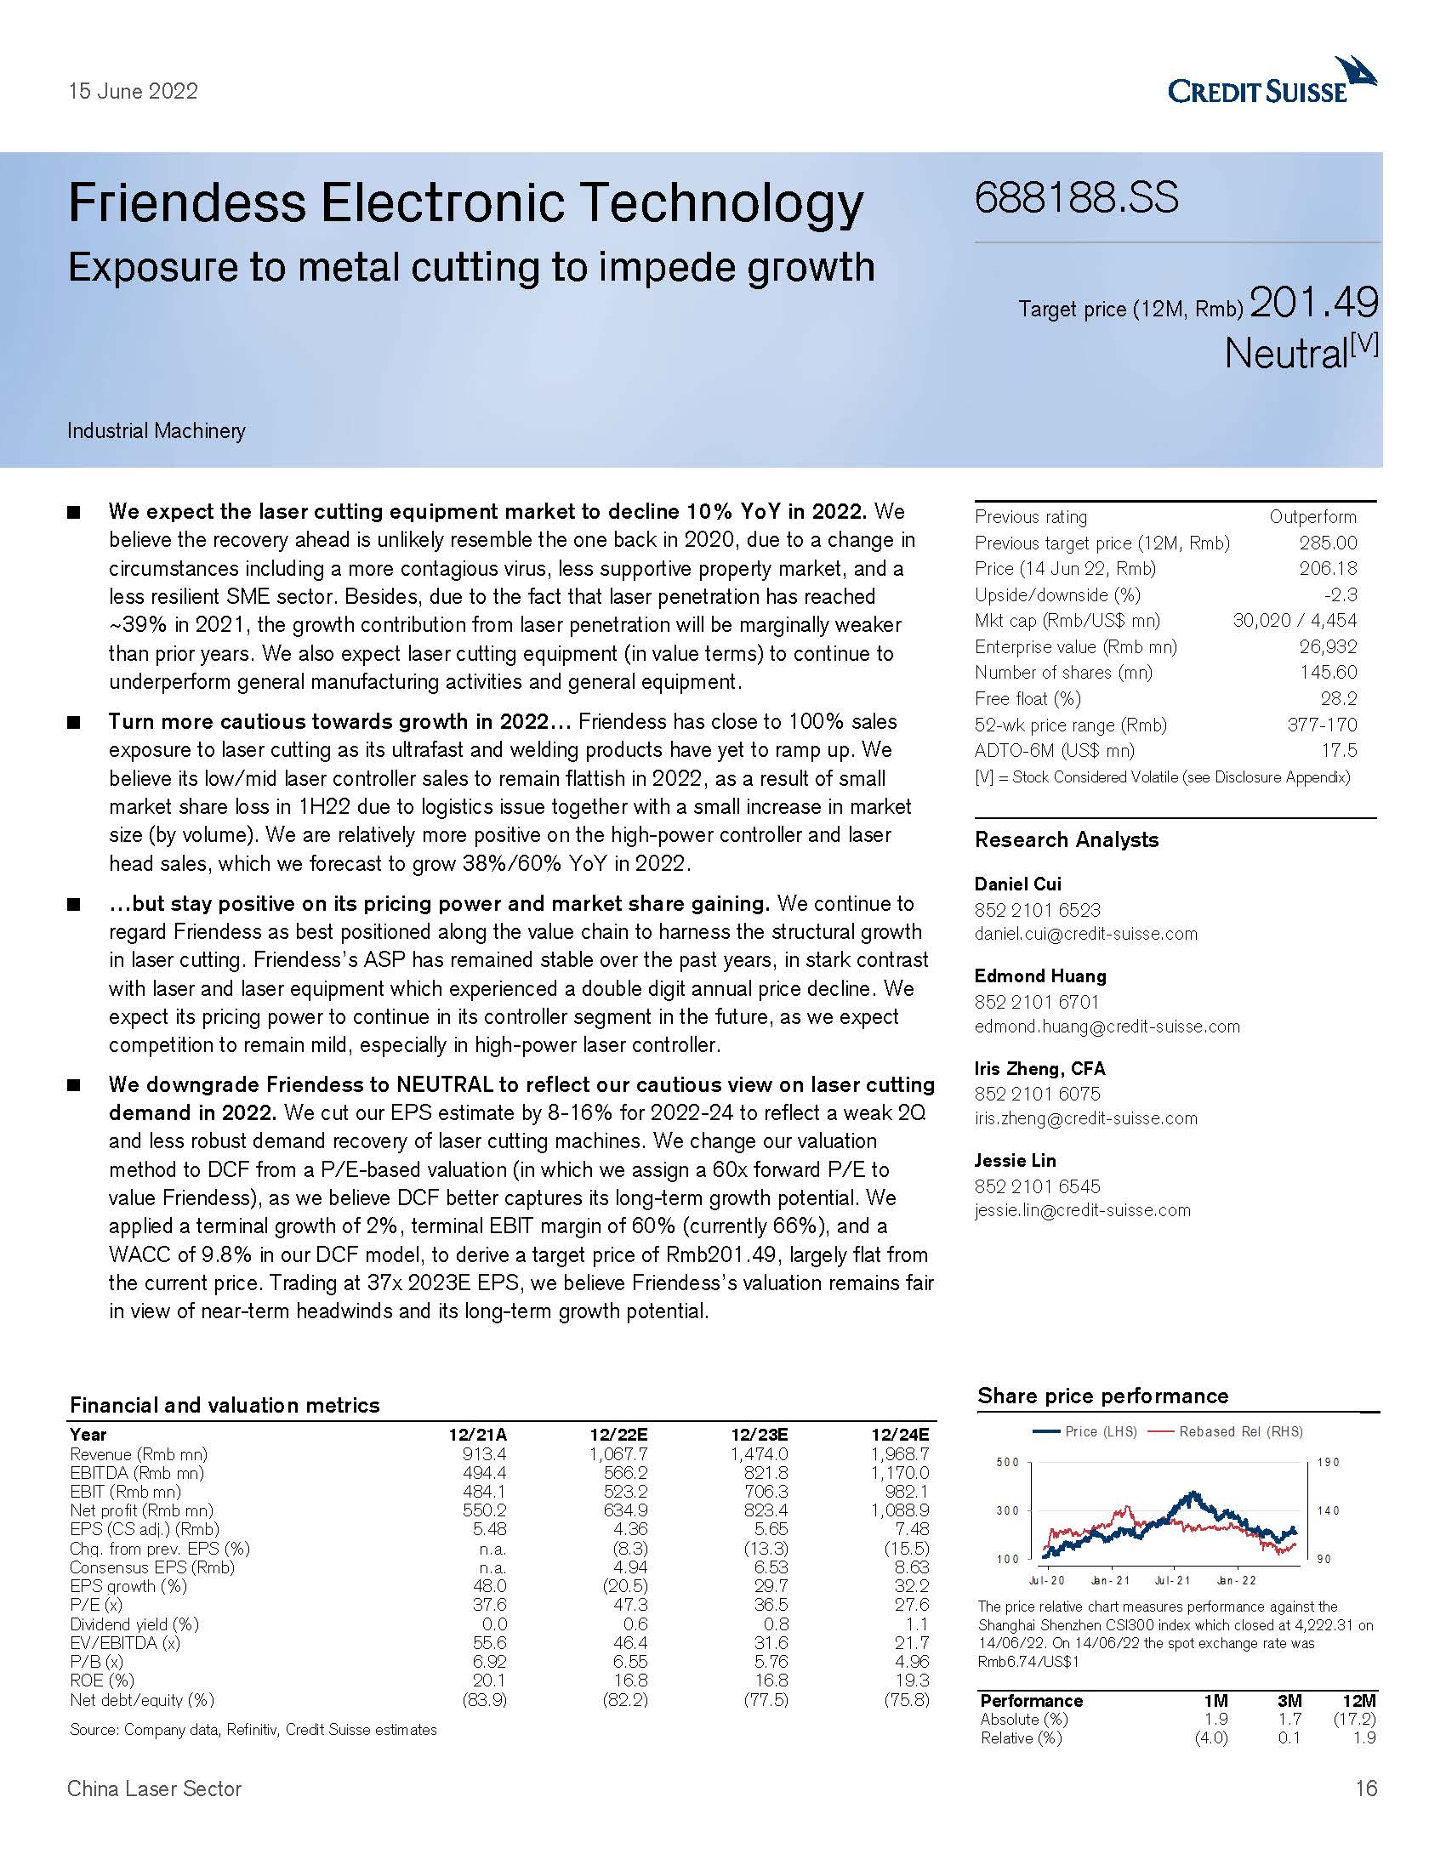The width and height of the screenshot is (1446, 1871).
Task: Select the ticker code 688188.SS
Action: pyautogui.click(x=1076, y=198)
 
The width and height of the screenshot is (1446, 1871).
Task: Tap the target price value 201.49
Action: pyautogui.click(x=1314, y=303)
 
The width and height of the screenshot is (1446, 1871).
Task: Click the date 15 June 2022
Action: pyautogui.click(x=133, y=92)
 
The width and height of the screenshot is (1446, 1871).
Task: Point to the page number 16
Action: pyautogui.click(x=1366, y=1789)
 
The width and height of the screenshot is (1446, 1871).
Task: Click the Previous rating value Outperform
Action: pyautogui.click(x=1312, y=516)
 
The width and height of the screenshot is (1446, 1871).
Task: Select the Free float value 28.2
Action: pyautogui.click(x=1338, y=698)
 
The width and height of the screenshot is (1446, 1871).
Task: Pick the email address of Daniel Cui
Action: pyautogui.click(x=1085, y=934)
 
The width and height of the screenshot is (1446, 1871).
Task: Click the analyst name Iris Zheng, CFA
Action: pyautogui.click(x=1040, y=1068)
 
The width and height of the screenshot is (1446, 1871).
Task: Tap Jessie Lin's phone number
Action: pyautogui.click(x=1038, y=1186)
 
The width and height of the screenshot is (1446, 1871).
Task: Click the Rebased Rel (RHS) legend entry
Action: pyautogui.click(x=1239, y=1431)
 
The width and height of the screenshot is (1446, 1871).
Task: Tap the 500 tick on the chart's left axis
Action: pyautogui.click(x=1007, y=1463)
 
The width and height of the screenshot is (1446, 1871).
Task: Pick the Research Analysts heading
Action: pyautogui.click(x=1066, y=839)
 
